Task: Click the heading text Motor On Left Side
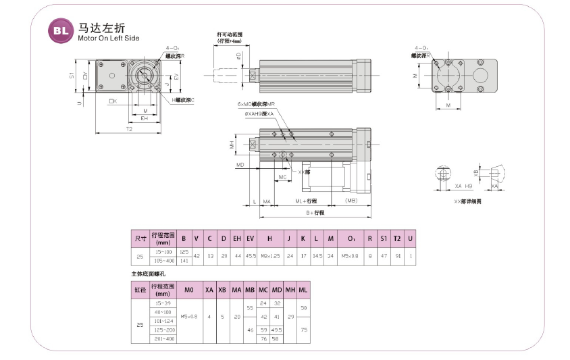click(108, 38)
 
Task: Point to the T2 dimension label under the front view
click(129, 128)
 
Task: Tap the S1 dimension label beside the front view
click(72, 76)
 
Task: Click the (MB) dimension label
click(351, 201)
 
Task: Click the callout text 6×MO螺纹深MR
click(257, 105)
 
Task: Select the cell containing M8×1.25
click(269, 256)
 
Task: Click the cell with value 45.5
click(250, 256)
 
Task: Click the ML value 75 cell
click(303, 330)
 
